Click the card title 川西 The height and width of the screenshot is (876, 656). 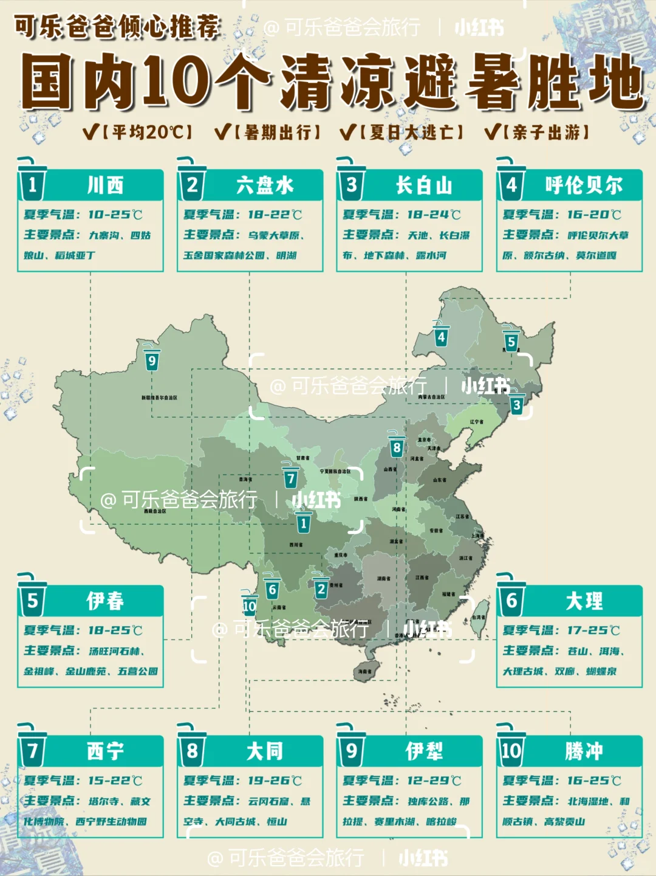105,185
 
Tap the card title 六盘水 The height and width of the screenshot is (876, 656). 265,185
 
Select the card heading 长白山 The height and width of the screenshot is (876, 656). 424,185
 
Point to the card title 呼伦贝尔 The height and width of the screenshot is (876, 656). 584,185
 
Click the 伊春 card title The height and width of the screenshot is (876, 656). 105,601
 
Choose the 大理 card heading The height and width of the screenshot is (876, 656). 584,601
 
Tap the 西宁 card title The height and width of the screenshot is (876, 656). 105,751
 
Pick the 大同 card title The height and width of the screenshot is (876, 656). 265,751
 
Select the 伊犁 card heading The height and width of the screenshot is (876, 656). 424,751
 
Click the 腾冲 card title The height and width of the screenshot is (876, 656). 584,751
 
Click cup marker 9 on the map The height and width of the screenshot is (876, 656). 152,360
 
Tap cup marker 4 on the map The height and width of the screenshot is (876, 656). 441,336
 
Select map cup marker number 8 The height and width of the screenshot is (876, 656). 397,447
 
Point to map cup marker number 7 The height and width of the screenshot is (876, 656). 291,478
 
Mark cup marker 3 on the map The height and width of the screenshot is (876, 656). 516,404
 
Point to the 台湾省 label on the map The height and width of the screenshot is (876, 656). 479,617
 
